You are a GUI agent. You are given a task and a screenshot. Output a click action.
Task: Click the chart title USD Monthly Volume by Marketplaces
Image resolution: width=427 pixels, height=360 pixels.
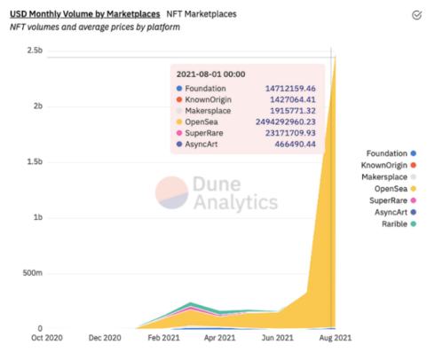(x=84, y=14)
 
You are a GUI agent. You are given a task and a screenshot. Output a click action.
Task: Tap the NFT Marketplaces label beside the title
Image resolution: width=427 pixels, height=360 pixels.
(x=200, y=14)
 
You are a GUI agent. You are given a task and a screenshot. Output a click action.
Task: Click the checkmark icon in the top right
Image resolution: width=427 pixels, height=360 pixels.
(x=417, y=14)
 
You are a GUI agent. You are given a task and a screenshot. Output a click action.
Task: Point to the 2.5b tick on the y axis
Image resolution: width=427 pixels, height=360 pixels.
(x=32, y=51)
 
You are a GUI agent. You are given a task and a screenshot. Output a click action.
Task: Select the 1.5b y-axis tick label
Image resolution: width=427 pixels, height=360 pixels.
(x=32, y=161)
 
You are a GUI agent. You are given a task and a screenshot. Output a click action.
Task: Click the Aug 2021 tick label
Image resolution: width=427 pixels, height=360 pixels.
(x=335, y=339)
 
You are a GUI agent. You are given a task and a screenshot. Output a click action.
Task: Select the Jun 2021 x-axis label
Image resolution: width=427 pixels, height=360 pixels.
(x=278, y=339)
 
